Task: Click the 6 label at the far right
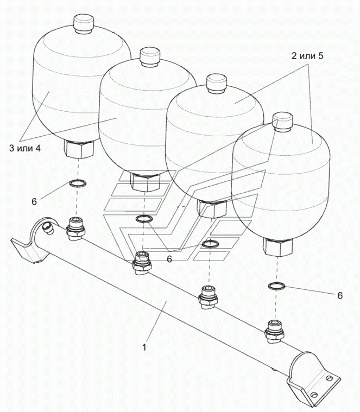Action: pos(339,296)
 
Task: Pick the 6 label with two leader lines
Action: pos(169,259)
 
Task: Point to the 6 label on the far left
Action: pos(34,201)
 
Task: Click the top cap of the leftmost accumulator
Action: pos(83,24)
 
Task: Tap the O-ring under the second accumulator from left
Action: pos(144,219)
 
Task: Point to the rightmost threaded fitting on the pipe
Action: pos(273,332)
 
